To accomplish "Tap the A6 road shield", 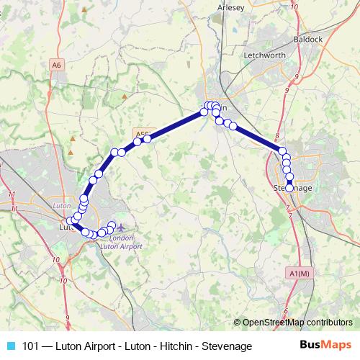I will (x=57, y=65).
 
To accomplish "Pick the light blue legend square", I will (x=10, y=346).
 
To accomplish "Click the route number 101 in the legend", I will (x=31, y=346).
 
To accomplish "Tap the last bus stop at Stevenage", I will (x=289, y=188).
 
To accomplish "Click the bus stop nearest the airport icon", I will (x=111, y=225).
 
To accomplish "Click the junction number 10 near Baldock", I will (x=294, y=6).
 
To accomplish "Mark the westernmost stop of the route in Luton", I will (x=70, y=221).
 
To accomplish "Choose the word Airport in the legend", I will (x=99, y=346).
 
